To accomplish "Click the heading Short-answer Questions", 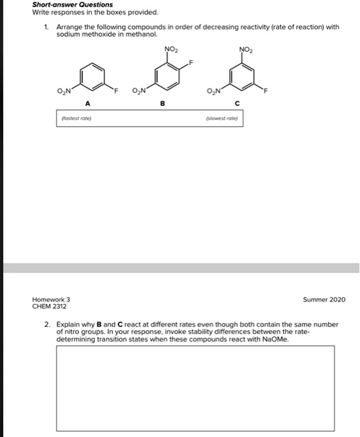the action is click(x=72, y=4).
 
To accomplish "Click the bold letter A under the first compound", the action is click(x=87, y=104).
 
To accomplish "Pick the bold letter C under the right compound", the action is click(x=238, y=104).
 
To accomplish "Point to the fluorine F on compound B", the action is click(x=192, y=62).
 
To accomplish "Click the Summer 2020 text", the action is click(x=324, y=300).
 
